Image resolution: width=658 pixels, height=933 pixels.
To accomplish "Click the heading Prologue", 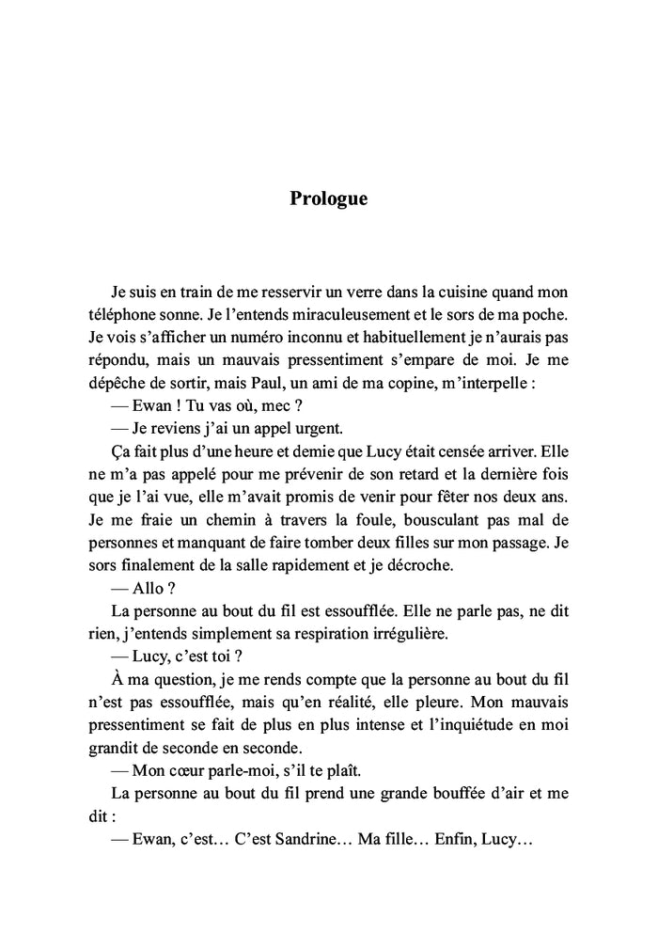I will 328,199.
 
